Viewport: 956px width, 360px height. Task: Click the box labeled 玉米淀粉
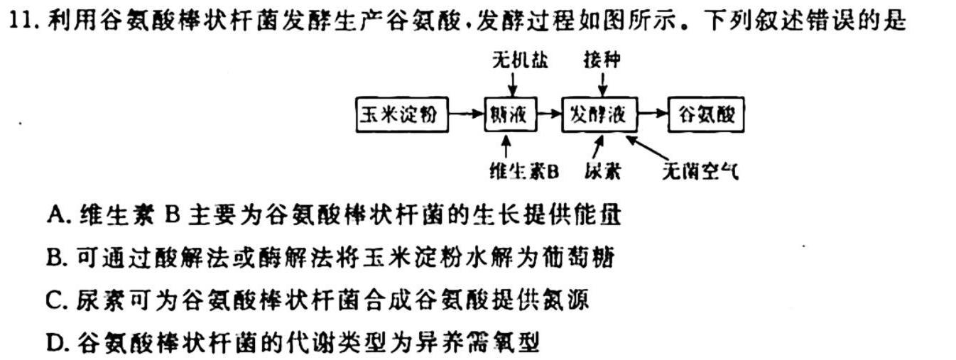point(402,114)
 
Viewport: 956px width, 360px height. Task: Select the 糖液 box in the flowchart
point(511,114)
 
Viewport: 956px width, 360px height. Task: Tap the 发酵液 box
point(599,114)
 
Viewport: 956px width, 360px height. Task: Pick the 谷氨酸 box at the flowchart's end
point(706,114)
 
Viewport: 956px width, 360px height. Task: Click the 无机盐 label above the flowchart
point(520,60)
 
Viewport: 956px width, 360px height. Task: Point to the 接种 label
point(602,60)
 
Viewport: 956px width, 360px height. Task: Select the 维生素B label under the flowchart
point(524,171)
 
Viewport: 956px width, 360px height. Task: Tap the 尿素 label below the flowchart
point(602,171)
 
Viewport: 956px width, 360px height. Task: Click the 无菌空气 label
point(700,171)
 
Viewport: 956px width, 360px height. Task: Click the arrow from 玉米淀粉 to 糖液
point(467,114)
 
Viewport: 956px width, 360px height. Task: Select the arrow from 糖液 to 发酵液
point(549,114)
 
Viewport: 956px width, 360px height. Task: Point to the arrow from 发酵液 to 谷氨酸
point(653,114)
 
